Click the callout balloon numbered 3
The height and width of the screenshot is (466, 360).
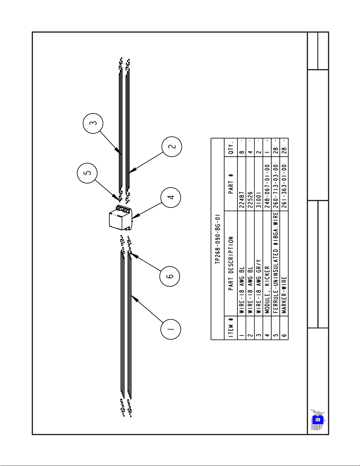coord(93,123)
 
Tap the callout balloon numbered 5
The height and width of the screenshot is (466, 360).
coord(87,173)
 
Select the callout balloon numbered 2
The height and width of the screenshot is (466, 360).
coord(172,146)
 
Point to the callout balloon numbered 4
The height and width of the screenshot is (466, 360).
coord(171,197)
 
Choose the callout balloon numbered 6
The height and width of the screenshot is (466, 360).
coord(170,276)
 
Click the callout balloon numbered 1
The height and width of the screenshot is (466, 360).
coord(171,329)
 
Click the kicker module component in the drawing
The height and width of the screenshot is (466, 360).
coord(120,218)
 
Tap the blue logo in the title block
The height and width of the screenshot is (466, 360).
coord(318,420)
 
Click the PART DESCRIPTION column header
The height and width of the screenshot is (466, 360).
coord(231,263)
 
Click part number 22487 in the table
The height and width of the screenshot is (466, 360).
coord(242,200)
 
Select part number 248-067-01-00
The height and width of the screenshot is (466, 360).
coord(267,186)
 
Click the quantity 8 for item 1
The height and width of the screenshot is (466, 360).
coord(242,152)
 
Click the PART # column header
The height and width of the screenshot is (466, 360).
coord(231,184)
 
